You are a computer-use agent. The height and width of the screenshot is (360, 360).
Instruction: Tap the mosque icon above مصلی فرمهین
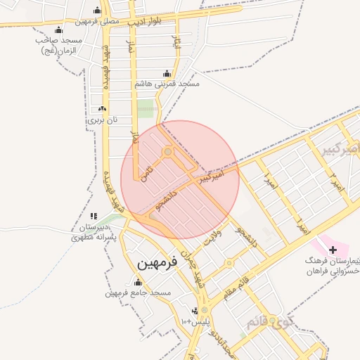96,11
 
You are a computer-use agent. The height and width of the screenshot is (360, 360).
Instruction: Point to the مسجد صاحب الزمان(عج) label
59,46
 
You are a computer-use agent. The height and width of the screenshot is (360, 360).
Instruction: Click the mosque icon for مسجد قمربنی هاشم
167,73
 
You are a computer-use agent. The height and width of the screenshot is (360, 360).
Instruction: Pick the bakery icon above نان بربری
103,109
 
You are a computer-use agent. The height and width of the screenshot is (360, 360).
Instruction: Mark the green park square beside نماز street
145,108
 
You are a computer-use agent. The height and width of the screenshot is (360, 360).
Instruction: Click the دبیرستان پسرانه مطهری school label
94,233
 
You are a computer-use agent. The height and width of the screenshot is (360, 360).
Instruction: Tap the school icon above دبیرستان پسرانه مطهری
94,217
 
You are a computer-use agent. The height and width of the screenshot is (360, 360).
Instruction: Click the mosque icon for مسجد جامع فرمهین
137,281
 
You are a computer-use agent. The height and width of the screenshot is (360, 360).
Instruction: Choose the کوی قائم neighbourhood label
266,322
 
